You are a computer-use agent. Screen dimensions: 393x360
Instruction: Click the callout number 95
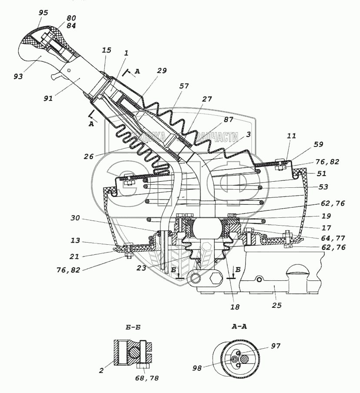(x=43, y=13)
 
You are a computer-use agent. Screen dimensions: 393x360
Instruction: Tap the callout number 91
(x=48, y=98)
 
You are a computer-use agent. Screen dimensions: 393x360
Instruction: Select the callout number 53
(x=323, y=187)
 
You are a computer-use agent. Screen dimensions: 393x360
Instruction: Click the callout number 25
(x=277, y=305)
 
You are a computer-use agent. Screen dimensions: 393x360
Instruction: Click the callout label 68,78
(x=147, y=378)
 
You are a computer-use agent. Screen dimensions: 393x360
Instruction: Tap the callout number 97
(x=276, y=346)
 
